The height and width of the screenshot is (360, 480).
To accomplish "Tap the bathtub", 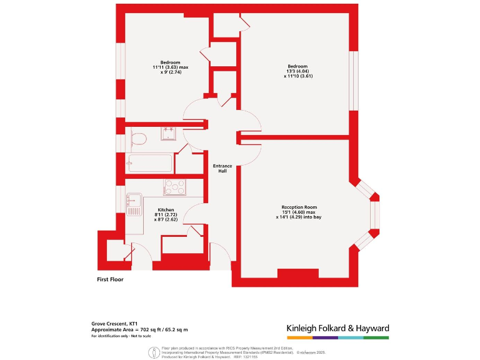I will (x=149, y=164).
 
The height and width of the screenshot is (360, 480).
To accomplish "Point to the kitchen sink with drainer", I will (x=134, y=204).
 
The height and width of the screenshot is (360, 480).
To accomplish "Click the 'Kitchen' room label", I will (x=166, y=210).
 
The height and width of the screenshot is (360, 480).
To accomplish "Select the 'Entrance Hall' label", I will (x=222, y=168).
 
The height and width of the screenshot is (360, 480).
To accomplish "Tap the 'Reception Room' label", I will (x=299, y=207).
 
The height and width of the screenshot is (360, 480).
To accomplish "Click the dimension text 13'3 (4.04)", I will (x=297, y=71).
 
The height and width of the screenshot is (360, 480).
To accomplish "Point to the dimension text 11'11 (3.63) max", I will (x=170, y=67).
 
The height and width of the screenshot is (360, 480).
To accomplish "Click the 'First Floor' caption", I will (x=110, y=279).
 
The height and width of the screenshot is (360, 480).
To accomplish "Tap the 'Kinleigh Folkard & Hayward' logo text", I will (x=337, y=328).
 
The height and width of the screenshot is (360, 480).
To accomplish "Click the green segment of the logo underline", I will (x=376, y=337).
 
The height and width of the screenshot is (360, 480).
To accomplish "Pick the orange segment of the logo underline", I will (x=299, y=337).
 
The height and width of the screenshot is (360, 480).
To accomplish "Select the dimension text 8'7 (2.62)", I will (x=166, y=219).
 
